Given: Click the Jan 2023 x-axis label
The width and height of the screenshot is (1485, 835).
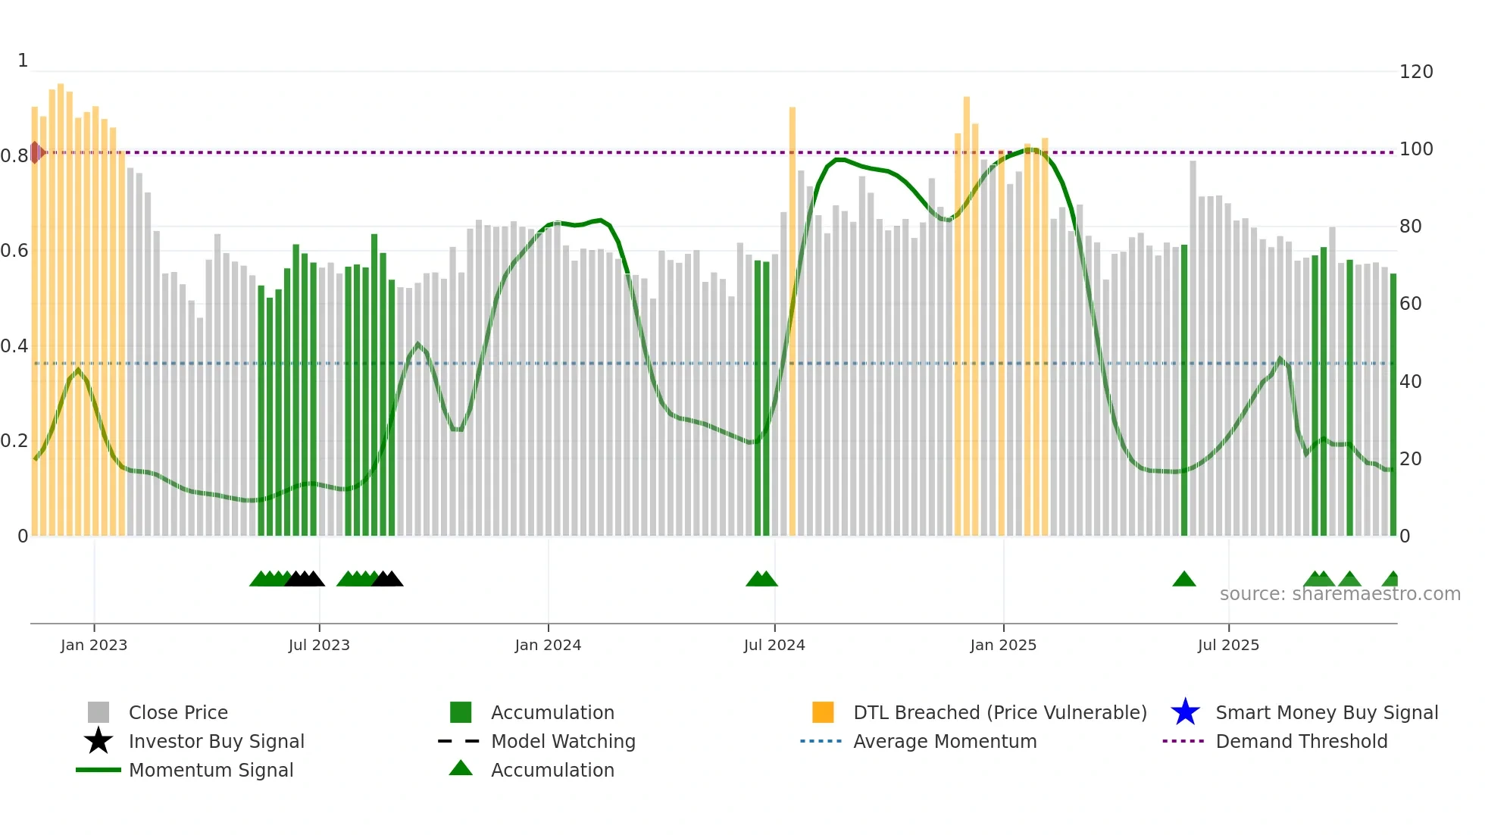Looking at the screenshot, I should (x=94, y=645).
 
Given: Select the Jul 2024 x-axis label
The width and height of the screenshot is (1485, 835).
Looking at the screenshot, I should (x=774, y=645).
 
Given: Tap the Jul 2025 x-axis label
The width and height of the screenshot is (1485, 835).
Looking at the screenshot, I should (x=1228, y=645).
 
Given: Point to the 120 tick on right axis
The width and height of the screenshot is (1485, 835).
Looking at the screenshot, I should (x=1415, y=72).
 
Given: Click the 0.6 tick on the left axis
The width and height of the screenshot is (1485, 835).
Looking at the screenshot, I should (x=15, y=251).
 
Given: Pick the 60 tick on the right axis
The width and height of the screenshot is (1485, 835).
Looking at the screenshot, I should (x=1410, y=304).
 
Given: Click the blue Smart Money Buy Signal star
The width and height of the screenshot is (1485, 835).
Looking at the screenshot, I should (x=1185, y=712).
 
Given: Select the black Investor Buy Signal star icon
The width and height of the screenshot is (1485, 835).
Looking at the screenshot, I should (x=98, y=741).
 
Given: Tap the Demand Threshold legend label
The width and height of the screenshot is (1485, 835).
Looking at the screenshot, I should (x=1301, y=741).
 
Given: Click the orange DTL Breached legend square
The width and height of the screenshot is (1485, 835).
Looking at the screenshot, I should (x=823, y=712).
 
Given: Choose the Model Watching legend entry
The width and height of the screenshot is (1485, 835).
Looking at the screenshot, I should (x=563, y=741).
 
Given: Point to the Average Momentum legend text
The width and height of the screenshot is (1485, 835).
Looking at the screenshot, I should (x=945, y=741).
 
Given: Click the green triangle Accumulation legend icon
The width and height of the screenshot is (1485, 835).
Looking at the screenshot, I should (x=461, y=768).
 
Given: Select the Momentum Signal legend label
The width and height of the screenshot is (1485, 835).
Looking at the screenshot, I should (x=211, y=770).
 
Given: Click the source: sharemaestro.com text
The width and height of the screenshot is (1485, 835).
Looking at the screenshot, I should (x=1340, y=594).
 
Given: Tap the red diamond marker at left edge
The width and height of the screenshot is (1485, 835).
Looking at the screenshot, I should (x=36, y=152).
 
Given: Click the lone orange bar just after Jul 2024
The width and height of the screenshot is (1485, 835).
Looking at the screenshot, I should (x=793, y=318).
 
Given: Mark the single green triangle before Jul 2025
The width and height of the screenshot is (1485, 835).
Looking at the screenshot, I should (x=1183, y=580).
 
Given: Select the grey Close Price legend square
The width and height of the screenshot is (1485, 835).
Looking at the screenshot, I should (x=98, y=712).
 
